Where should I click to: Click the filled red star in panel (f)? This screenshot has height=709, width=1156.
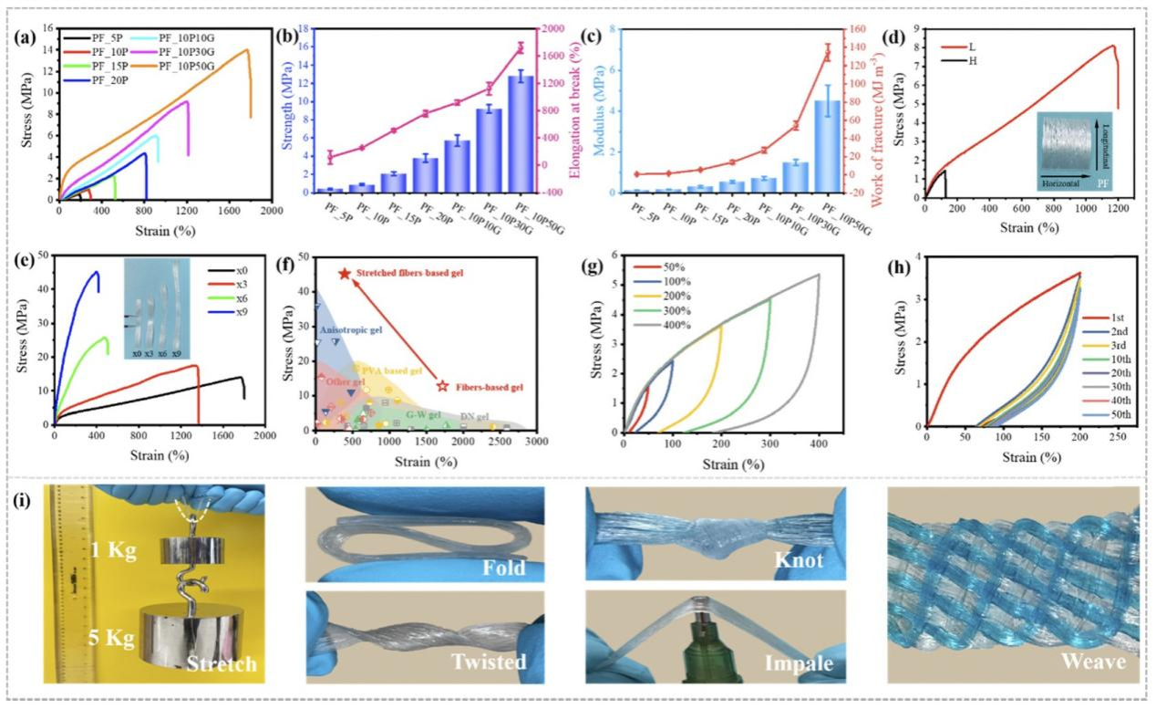click(345, 274)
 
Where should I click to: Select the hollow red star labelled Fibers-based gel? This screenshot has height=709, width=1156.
click(444, 386)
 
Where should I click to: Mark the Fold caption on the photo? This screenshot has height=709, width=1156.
click(505, 568)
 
